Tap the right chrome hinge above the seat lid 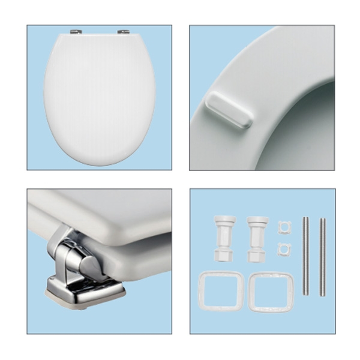point(122,32)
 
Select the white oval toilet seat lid point(100,96)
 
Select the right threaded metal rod point(322,256)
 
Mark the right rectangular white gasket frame point(271,290)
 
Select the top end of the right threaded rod point(322,220)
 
